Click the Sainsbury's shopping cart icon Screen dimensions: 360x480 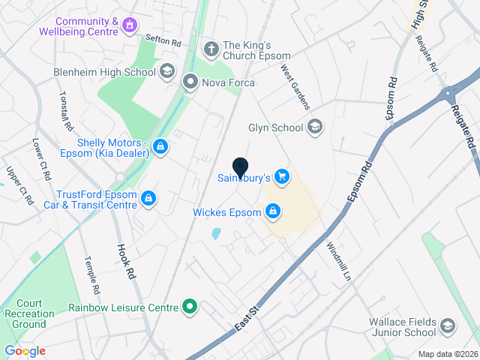pos(282,177)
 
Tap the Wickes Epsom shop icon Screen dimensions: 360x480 pos(274,211)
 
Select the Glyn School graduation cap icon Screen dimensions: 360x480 pos(313,126)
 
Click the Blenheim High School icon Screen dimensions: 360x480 pos(166,71)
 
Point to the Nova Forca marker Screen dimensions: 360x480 pos(190,82)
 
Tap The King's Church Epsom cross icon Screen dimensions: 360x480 pos(211,49)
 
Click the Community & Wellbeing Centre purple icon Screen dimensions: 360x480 pos(130,26)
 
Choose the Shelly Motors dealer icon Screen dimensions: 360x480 pos(160,146)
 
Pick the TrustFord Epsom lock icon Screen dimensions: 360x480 pos(148,198)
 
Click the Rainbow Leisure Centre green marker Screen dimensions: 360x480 pos(190,307)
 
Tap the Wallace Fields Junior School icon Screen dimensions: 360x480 pos(448,325)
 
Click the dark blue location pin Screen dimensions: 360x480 pos(240,168)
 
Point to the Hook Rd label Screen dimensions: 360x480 pos(125,261)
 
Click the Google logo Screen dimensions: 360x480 pos(25,351)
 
